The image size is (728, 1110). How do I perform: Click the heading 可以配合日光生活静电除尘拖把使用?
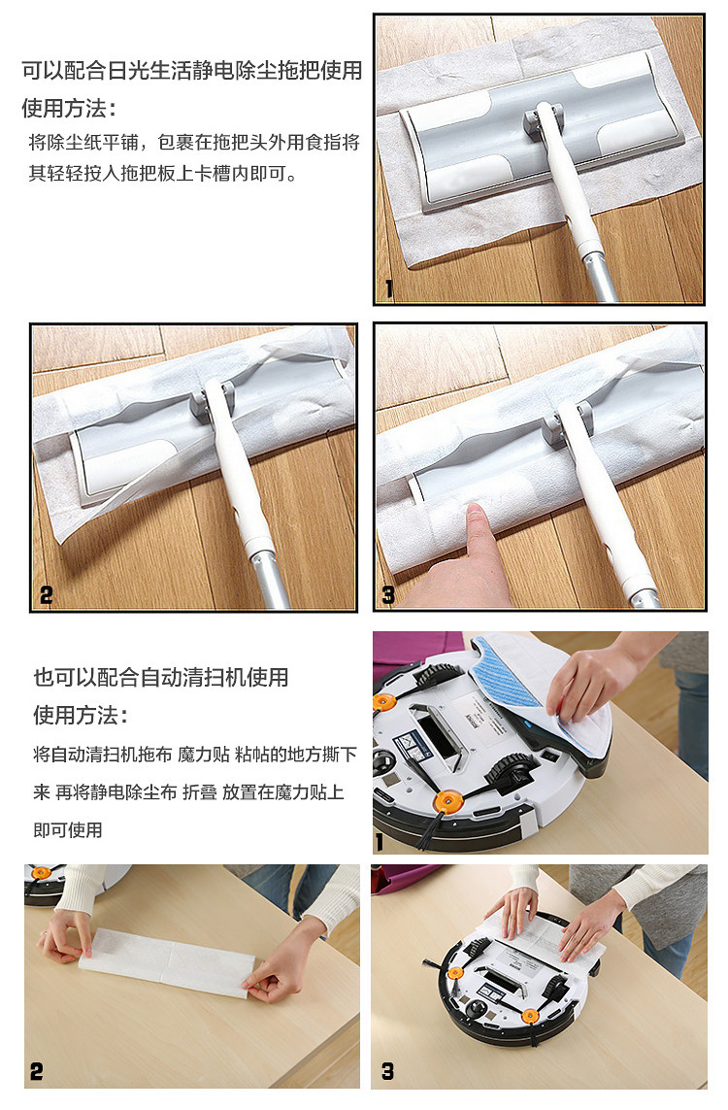tap(192, 71)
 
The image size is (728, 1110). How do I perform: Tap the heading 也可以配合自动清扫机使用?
tap(160, 678)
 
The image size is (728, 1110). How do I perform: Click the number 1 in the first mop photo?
tap(388, 288)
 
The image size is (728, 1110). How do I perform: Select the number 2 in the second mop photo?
tap(46, 595)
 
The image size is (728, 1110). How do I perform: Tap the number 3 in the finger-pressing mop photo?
tap(387, 594)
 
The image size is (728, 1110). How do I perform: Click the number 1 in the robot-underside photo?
tap(380, 842)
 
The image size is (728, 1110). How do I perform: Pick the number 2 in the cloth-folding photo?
tap(37, 1071)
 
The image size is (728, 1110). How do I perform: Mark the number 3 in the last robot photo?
tap(387, 1071)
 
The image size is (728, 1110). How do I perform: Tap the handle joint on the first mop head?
tap(544, 118)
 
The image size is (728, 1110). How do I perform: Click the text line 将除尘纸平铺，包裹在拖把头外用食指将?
tap(194, 143)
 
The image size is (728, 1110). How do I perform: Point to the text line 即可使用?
tap(68, 829)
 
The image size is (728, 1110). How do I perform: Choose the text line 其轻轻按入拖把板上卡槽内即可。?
tap(163, 174)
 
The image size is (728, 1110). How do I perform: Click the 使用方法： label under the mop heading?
tap(69, 109)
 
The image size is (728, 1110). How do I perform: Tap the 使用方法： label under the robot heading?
tap(81, 715)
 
